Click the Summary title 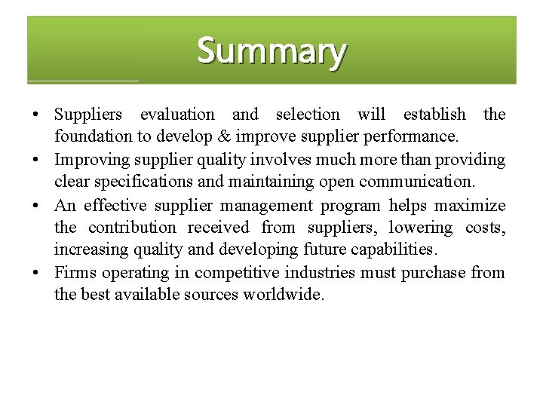tap(271, 51)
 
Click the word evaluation tap(177, 115)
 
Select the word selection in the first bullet tap(308, 115)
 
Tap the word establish tap(434, 115)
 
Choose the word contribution tap(132, 228)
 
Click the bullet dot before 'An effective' tap(36, 206)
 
